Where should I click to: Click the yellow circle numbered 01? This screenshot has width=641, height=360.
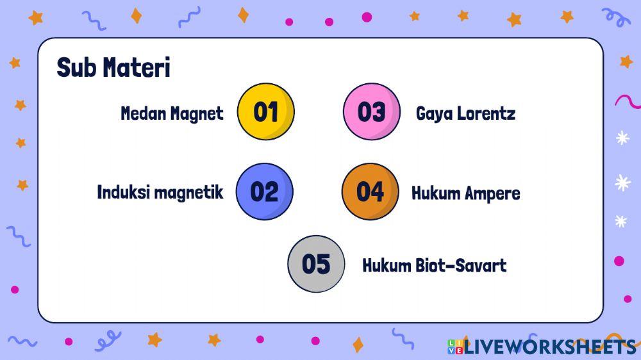pyautogui.click(x=265, y=111)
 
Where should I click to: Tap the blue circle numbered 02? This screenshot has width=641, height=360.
pyautogui.click(x=264, y=192)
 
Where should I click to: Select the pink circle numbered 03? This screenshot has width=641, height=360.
pyautogui.click(x=371, y=111)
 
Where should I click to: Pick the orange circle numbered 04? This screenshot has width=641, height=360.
pyautogui.click(x=370, y=192)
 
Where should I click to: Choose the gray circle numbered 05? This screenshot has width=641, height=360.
pyautogui.click(x=316, y=264)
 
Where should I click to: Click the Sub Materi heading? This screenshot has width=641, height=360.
pyautogui.click(x=113, y=67)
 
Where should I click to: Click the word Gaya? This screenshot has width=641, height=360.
pyautogui.click(x=433, y=115)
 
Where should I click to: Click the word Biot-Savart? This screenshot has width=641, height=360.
pyautogui.click(x=470, y=265)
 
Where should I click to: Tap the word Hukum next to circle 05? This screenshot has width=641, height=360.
pyautogui.click(x=386, y=265)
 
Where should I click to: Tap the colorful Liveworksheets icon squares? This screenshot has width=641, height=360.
pyautogui.click(x=454, y=347)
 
